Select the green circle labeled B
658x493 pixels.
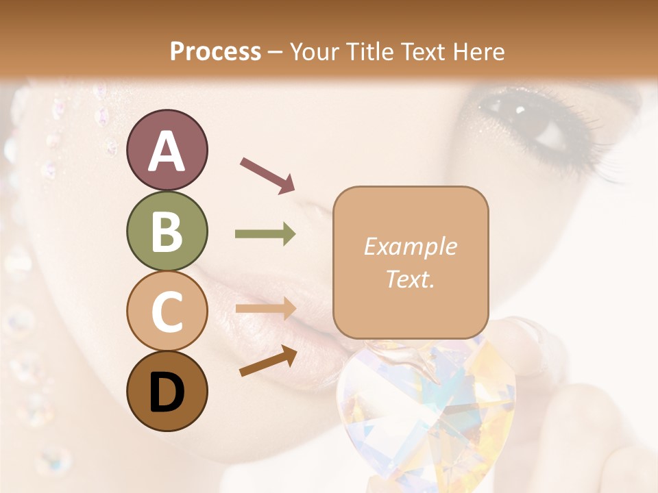(x=167, y=231)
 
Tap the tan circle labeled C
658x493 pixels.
(x=167, y=311)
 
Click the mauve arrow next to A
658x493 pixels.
(x=267, y=174)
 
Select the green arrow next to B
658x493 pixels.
(x=265, y=234)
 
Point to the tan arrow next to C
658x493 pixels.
(x=265, y=309)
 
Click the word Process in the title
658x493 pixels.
(x=215, y=51)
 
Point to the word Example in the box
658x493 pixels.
(x=410, y=246)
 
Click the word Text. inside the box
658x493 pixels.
(x=410, y=279)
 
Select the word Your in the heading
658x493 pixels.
(x=314, y=51)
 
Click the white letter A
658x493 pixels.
(x=167, y=151)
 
